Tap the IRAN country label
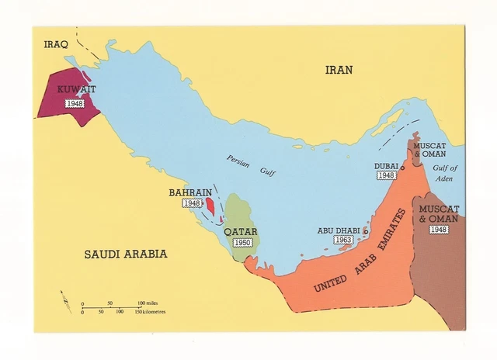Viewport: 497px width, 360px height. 339,70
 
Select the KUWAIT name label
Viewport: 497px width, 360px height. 76,90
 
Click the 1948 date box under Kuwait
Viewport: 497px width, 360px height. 75,103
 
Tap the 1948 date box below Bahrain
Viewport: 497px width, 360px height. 192,203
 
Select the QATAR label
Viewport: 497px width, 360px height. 240,231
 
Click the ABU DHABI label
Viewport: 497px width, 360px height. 339,230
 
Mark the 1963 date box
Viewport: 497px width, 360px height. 343,241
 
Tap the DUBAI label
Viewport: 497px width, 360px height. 386,165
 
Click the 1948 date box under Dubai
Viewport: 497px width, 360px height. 387,176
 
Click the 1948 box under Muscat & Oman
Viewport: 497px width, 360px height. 438,230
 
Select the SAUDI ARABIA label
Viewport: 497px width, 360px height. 126,254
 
